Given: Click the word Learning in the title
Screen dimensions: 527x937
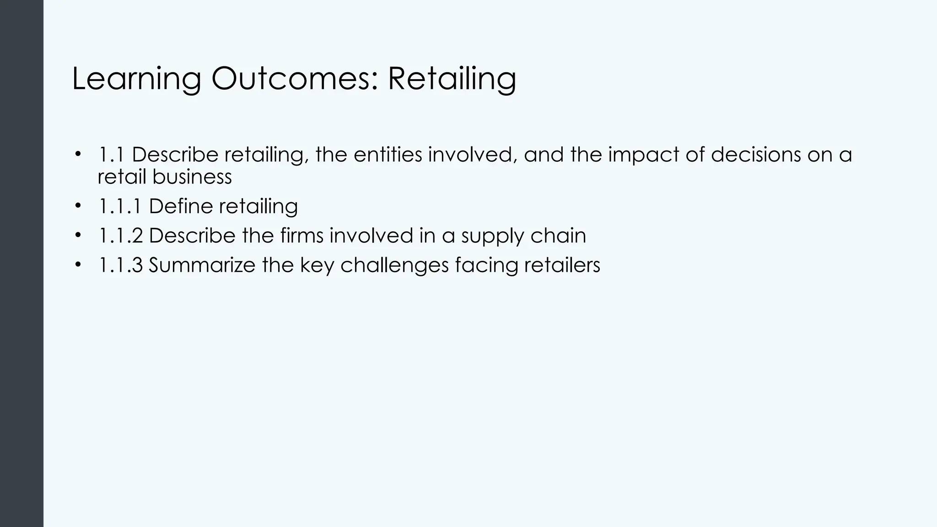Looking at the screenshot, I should point(136,80).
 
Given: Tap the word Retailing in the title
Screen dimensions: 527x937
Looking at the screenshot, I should point(452,80).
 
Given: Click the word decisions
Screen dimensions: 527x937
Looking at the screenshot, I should point(756,155).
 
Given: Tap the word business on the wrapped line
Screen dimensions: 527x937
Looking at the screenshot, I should point(192,177).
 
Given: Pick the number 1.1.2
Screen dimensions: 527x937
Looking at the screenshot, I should point(120,236).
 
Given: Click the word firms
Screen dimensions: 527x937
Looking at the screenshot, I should point(302,236).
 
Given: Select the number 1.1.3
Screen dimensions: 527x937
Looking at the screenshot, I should point(120,265).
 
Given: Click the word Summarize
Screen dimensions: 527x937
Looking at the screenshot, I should point(201,265).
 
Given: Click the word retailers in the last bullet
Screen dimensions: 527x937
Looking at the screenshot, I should point(562,265).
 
